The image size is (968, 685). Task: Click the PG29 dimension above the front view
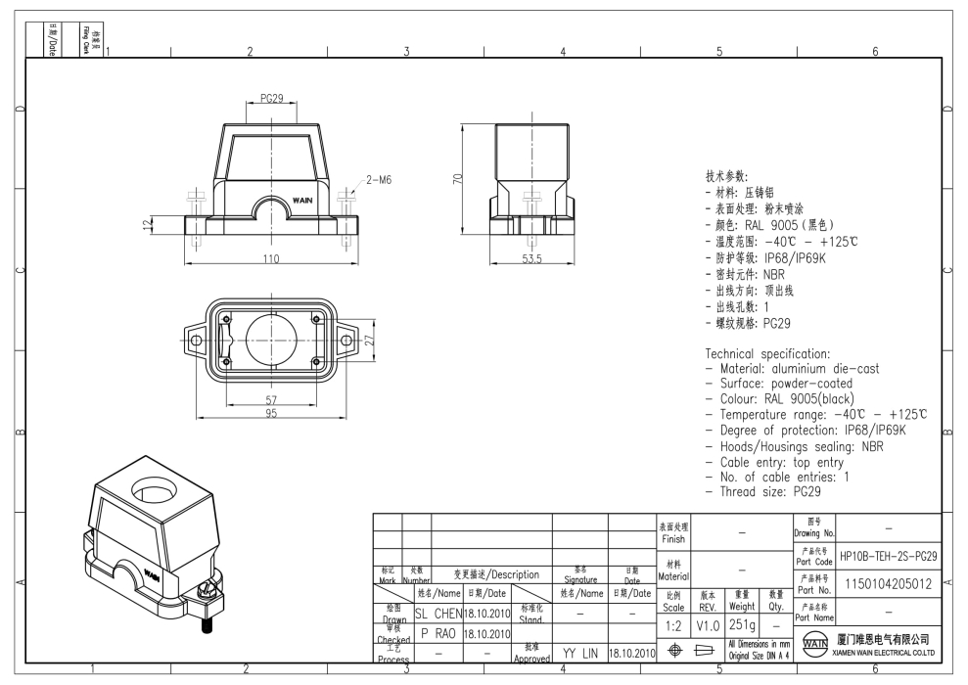click(271, 100)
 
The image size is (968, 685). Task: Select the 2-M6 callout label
click(379, 180)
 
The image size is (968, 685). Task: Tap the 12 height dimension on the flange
click(148, 225)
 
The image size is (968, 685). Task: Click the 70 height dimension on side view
click(457, 180)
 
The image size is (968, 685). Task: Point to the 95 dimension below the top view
click(268, 414)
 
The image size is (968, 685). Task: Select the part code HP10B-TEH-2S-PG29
click(889, 556)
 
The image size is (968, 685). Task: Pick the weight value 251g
click(741, 624)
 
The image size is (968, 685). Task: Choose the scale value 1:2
click(672, 624)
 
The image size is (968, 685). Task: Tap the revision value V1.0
click(708, 624)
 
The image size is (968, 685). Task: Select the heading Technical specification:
click(767, 353)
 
